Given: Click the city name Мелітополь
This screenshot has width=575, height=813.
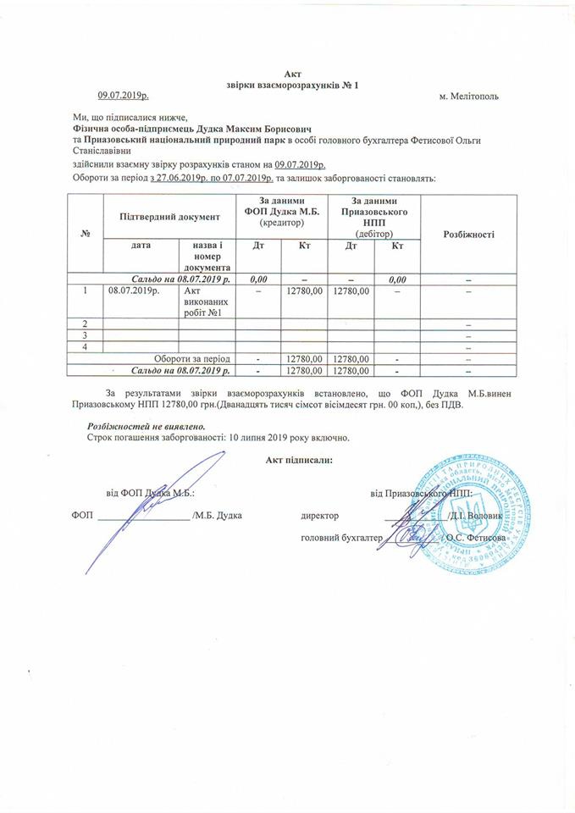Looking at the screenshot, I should [469, 96].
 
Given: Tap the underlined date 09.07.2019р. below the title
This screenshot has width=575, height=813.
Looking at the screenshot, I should [124, 96].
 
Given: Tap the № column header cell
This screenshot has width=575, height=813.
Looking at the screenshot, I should [86, 234].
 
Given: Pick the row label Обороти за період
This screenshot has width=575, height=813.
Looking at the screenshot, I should [197, 358].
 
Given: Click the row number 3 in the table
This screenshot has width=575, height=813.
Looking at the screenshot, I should [86, 335].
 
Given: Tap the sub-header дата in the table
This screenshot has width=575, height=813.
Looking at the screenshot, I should [141, 246].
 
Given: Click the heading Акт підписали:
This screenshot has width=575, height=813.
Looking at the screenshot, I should [298, 460].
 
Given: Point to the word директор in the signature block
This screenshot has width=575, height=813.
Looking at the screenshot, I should [319, 515].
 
